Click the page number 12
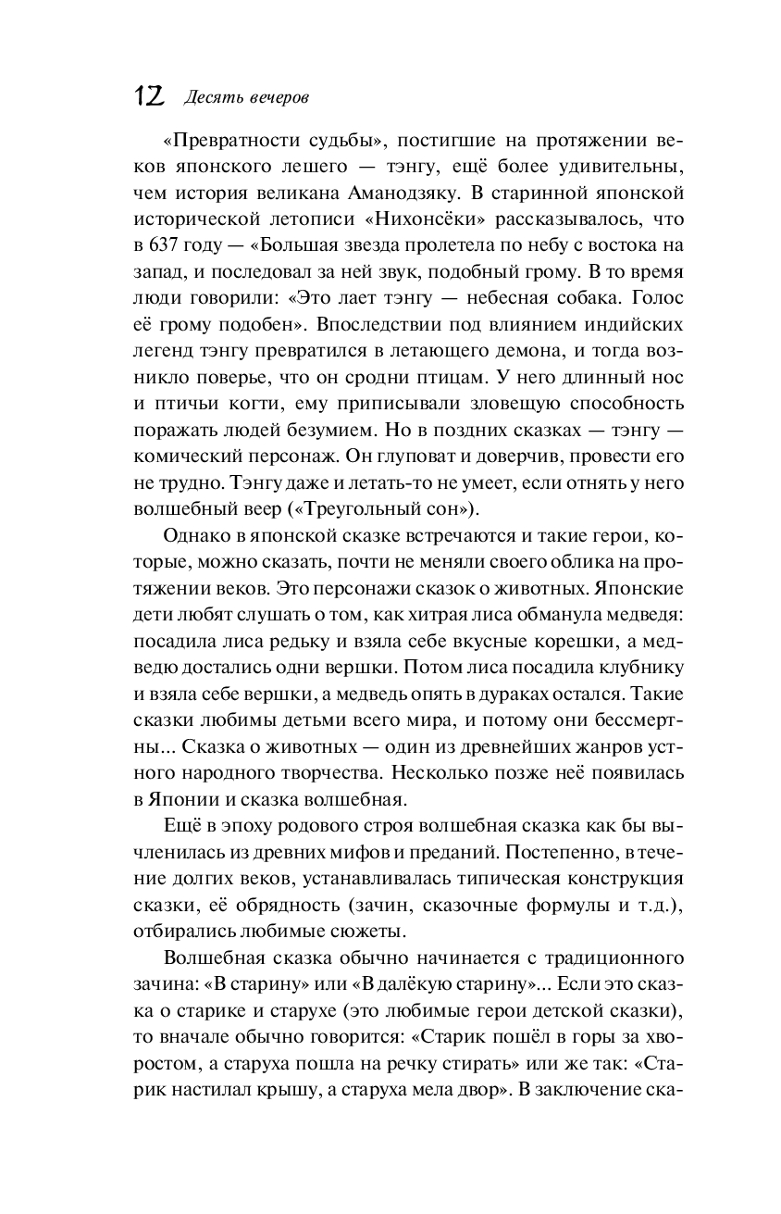pos(151,95)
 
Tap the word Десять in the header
pos(210,97)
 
